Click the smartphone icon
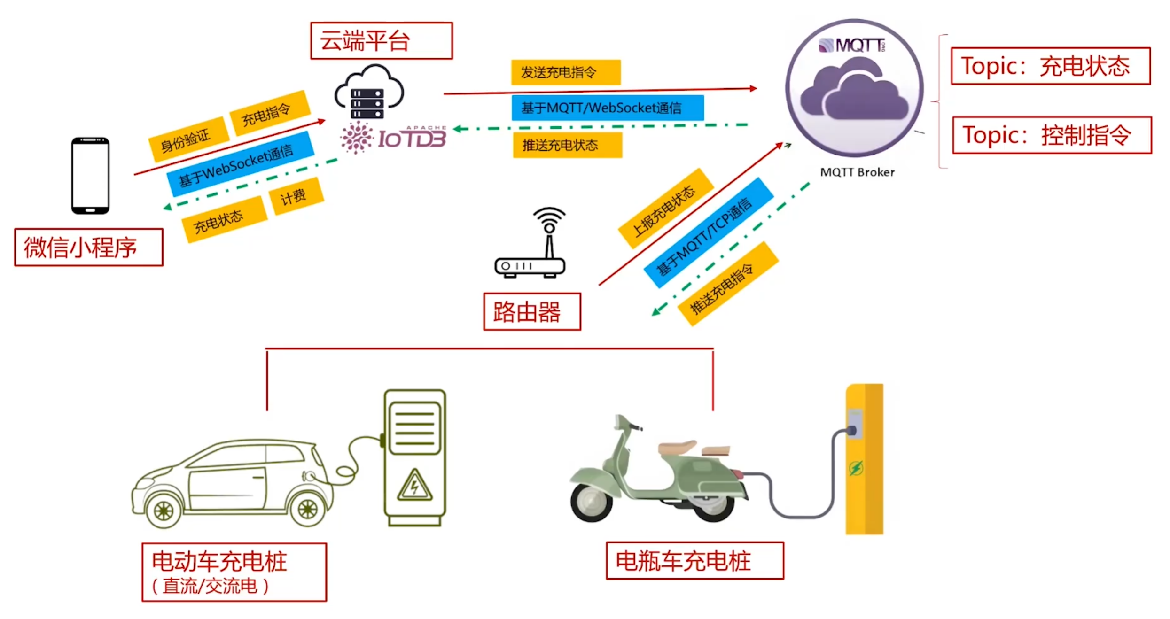(90, 176)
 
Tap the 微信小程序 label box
(89, 248)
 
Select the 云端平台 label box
(381, 41)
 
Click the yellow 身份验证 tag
(188, 139)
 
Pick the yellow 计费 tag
(296, 196)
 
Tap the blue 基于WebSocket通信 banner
(240, 163)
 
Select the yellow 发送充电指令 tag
(565, 72)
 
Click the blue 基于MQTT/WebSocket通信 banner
(607, 108)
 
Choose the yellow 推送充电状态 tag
(567, 145)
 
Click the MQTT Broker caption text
(857, 172)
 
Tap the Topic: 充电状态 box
(1050, 66)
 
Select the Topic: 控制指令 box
(1052, 135)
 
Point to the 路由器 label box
(531, 312)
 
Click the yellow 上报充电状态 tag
(665, 209)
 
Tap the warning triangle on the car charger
(414, 486)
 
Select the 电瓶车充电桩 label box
(694, 561)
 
